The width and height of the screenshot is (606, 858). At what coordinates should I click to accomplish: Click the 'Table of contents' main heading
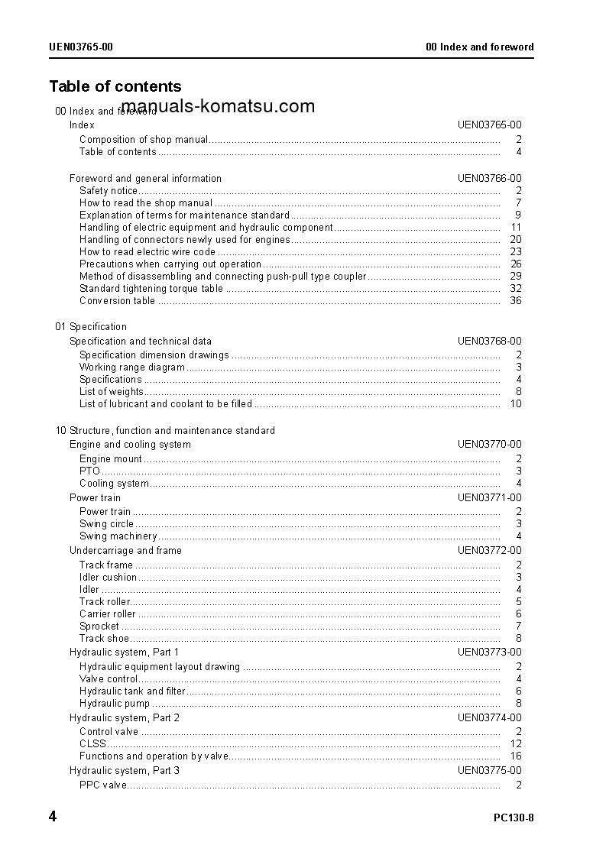[115, 86]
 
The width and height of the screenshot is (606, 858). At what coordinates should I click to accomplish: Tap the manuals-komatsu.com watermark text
[218, 106]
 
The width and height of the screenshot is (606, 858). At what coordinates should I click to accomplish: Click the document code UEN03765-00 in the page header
[81, 47]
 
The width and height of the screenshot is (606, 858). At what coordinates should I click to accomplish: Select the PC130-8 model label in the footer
[514, 818]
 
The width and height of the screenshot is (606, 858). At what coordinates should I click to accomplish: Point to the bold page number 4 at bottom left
[53, 817]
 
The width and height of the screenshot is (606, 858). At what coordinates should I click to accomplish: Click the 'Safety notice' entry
[109, 191]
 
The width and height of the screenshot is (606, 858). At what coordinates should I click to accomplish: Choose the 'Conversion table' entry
[117, 301]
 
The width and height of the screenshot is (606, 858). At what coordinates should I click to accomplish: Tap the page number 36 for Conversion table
[516, 301]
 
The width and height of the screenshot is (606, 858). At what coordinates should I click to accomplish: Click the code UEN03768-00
[490, 342]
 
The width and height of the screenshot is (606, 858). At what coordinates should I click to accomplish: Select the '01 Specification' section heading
[91, 327]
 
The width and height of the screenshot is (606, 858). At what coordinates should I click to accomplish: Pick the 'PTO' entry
[89, 471]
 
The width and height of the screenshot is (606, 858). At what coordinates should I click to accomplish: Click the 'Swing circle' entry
[106, 524]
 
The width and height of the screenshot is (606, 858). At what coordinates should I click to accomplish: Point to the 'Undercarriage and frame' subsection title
[125, 551]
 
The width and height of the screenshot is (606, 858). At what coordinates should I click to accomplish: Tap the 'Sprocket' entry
[99, 627]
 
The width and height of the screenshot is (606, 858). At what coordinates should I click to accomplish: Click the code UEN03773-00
[490, 652]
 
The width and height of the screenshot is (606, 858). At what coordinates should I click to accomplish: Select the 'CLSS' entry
[92, 744]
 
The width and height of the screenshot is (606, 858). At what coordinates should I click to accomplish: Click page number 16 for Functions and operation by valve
[516, 756]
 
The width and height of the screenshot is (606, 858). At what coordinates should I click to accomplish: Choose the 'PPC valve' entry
[102, 785]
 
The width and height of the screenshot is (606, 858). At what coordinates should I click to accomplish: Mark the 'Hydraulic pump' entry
[115, 704]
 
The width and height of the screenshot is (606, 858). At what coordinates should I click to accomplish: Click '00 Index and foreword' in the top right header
[480, 47]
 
